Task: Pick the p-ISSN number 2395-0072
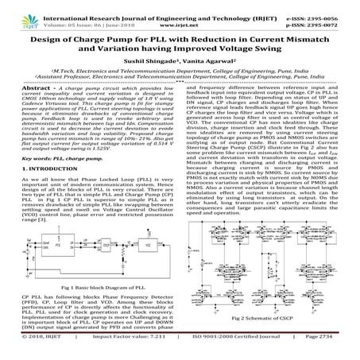click(x=338, y=16)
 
